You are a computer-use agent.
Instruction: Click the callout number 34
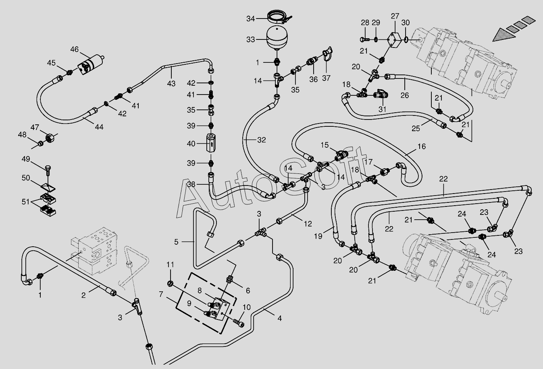pyautogui.click(x=251, y=19)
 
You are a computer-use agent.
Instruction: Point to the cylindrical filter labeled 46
pyautogui.click(x=91, y=64)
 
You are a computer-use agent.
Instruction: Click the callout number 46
pyautogui.click(x=75, y=49)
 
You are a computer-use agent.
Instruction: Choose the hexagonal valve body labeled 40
pyautogui.click(x=211, y=143)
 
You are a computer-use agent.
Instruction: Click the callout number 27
pyautogui.click(x=395, y=16)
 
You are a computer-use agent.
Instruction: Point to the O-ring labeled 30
pyautogui.click(x=406, y=39)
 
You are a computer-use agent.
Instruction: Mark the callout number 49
pyautogui.click(x=26, y=159)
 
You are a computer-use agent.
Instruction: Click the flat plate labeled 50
pyautogui.click(x=48, y=187)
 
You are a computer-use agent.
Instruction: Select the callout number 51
pyautogui.click(x=25, y=202)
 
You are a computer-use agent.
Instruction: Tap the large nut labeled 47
pyautogui.click(x=50, y=138)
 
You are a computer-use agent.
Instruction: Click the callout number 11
pyautogui.click(x=171, y=265)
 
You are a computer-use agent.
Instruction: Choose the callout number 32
pyautogui.click(x=262, y=140)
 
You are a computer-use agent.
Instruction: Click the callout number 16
pyautogui.click(x=422, y=146)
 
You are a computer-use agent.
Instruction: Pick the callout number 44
pyautogui.click(x=99, y=127)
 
